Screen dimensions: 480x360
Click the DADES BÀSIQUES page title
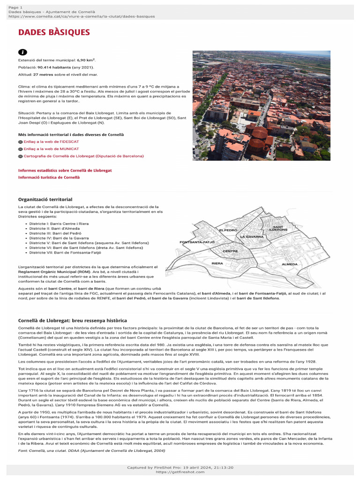click(53, 32)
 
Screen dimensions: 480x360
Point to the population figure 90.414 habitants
click(58, 67)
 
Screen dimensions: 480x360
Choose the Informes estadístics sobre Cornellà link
click(65, 171)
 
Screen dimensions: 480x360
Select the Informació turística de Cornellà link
click(49, 177)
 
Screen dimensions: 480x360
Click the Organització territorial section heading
click(45, 200)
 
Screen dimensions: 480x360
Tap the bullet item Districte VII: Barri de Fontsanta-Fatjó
click(65, 252)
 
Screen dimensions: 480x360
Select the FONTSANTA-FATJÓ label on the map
click(197, 242)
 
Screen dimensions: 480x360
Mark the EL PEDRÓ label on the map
click(228, 231)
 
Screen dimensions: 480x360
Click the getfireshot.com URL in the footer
click(180, 472)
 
